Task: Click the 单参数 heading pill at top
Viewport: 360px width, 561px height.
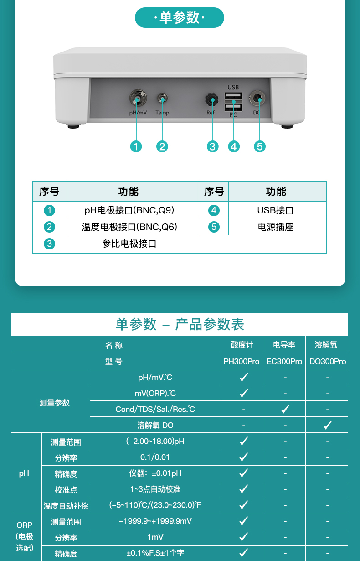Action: tap(180, 18)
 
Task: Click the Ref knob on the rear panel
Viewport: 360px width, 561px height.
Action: tap(211, 99)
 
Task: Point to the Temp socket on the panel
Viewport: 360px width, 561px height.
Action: tap(162, 98)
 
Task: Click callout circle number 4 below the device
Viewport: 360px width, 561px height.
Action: tap(234, 146)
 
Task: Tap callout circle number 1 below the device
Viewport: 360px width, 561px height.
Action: tap(136, 146)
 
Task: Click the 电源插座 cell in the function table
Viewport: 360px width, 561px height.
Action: tap(276, 227)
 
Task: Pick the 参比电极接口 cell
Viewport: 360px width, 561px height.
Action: tap(129, 244)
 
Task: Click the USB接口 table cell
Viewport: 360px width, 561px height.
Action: tap(276, 210)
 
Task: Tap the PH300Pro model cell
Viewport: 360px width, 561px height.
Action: tap(242, 361)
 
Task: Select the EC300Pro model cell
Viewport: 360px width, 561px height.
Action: tap(284, 361)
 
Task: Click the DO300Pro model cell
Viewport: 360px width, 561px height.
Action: tap(328, 361)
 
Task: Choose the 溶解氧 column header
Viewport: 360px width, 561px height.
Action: tap(326, 345)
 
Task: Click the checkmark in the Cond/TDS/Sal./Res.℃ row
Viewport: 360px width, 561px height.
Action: tap(285, 409)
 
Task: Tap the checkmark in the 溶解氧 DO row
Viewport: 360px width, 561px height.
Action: tap(327, 425)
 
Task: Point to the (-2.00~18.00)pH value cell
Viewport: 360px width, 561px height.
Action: tap(155, 442)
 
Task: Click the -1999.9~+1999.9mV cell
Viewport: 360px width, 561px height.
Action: tap(155, 521)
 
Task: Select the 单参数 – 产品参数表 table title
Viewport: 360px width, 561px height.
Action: tap(180, 324)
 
